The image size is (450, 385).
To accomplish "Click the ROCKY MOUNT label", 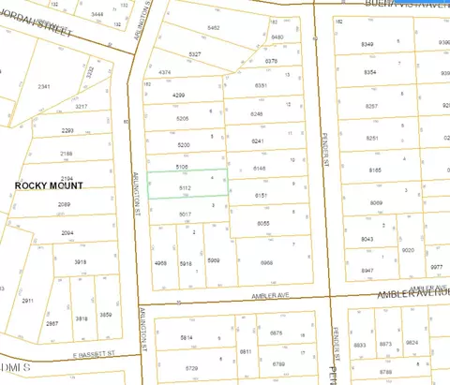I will (x=52, y=185).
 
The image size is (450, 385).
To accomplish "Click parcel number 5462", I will (x=214, y=29).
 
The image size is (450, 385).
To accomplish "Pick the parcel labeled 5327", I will (x=194, y=54).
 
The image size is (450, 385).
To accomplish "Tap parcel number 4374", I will (x=165, y=72).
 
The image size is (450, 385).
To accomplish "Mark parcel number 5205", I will (x=184, y=119).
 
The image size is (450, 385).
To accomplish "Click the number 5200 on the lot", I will (x=184, y=144).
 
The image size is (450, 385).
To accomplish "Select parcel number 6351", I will (x=260, y=85).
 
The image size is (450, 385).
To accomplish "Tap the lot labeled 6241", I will (x=259, y=141).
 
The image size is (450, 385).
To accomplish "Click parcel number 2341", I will (x=44, y=86).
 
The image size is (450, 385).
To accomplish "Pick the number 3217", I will (x=82, y=107).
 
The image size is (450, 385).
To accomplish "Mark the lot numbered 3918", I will (x=82, y=262).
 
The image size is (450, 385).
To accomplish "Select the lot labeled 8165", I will (x=375, y=170).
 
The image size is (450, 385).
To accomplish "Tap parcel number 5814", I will (x=187, y=337).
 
